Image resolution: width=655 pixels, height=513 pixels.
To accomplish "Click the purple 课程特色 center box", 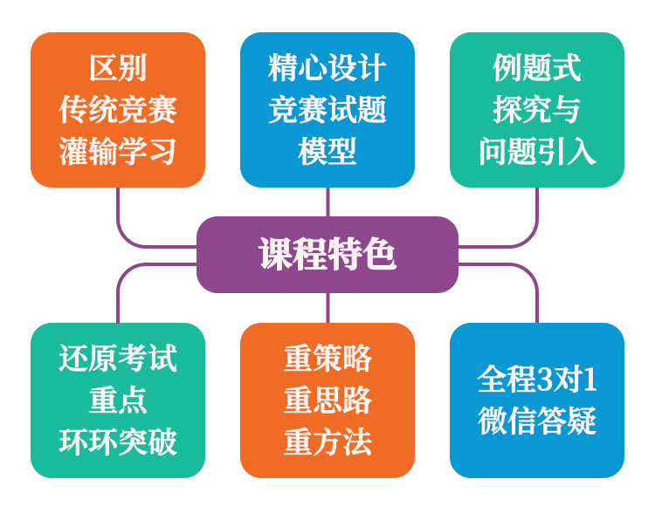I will tap(327, 255).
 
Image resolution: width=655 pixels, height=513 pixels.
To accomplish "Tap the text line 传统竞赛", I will tap(118, 110).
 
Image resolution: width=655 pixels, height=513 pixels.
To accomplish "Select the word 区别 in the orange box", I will tap(118, 68).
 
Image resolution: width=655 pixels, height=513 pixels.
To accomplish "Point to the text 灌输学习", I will tap(118, 152).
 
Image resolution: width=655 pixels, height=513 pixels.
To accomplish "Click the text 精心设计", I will tap(327, 68).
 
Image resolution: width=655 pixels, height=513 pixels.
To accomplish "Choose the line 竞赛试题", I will tap(327, 110).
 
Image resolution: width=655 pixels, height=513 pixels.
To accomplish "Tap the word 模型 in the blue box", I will tap(327, 152).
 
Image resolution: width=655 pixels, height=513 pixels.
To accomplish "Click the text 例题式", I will tap(537, 68).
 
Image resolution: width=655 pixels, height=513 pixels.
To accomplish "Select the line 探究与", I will tap(537, 110).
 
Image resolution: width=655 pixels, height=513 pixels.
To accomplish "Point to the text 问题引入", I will tap(537, 152).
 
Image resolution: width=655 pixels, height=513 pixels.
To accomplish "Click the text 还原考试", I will tap(118, 359).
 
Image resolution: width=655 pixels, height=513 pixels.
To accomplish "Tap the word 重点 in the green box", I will tap(118, 400).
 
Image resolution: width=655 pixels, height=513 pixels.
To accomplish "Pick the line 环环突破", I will tap(118, 442).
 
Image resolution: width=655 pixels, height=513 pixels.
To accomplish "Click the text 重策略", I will tap(327, 359).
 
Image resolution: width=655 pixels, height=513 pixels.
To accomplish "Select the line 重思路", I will tap(327, 400).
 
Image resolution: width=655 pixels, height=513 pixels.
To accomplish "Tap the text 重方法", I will tap(327, 442).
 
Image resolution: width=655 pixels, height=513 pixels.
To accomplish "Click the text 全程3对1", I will tap(537, 380).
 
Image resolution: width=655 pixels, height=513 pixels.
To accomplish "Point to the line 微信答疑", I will tap(537, 421).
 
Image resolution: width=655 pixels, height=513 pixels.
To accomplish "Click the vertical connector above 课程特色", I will tap(327, 202).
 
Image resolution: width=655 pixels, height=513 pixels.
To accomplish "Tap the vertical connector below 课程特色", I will tap(327, 308).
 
